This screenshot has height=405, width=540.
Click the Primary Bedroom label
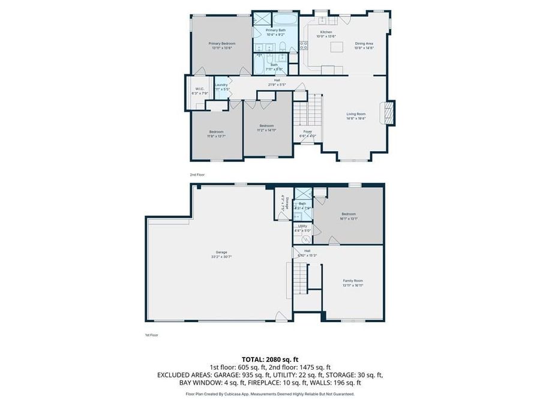pyautogui.click(x=222, y=43)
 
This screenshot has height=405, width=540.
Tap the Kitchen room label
pyautogui.click(x=326, y=32)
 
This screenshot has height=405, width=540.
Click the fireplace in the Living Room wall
pyautogui.click(x=390, y=113)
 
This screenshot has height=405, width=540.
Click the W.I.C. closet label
pyautogui.click(x=199, y=89)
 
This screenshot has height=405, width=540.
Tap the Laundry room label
pyautogui.click(x=221, y=85)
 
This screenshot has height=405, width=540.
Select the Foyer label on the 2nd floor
pyautogui.click(x=307, y=131)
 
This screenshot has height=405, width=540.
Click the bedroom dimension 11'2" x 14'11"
pyautogui.click(x=267, y=130)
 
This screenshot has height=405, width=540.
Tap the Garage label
pyautogui.click(x=221, y=252)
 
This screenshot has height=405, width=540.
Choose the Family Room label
pyautogui.click(x=353, y=280)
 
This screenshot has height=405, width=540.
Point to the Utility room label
pyautogui.click(x=302, y=226)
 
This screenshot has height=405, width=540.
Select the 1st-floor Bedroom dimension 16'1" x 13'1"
pyautogui.click(x=349, y=218)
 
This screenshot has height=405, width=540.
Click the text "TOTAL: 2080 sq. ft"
pyautogui.click(x=269, y=358)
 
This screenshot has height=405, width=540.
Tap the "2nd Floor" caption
pyautogui.click(x=197, y=175)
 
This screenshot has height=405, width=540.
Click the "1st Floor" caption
pyautogui.click(x=151, y=335)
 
